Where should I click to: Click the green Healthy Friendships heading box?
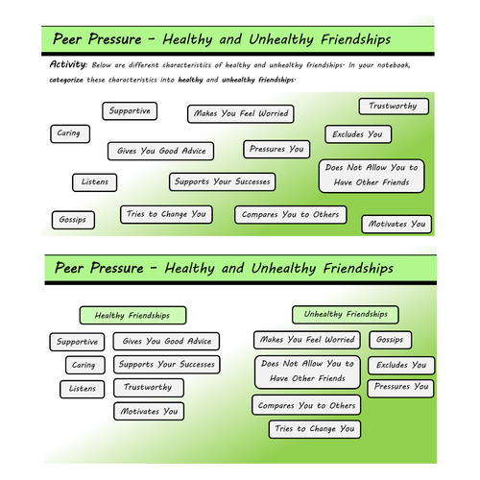(x=132, y=315)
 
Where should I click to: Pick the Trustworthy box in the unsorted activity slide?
(x=394, y=107)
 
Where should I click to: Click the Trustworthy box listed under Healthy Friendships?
(x=147, y=388)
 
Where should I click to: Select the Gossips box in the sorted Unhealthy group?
(x=390, y=340)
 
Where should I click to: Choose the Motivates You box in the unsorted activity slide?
(x=396, y=225)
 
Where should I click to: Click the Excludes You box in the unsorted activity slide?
(x=357, y=134)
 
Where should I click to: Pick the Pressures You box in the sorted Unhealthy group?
(x=401, y=387)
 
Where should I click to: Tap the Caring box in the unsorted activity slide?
(x=68, y=133)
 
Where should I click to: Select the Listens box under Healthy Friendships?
(x=82, y=389)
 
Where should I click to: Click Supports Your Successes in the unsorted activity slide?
(x=222, y=180)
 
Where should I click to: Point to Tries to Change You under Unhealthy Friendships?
(x=314, y=429)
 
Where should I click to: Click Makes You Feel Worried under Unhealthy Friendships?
(x=307, y=340)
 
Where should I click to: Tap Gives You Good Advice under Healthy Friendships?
(x=166, y=341)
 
